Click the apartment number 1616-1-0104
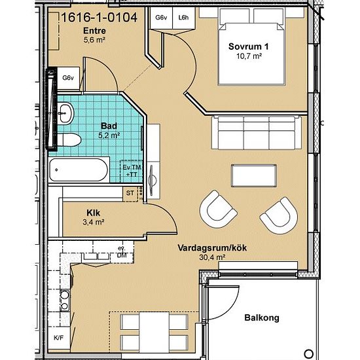coord(99,18)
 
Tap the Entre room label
coord(94,31)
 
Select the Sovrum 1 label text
coord(248,46)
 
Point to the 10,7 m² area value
coord(249,56)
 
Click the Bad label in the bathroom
coord(109,126)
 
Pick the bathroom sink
coord(65,113)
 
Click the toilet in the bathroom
coord(69,140)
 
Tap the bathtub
coord(79,170)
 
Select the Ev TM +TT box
coord(132,171)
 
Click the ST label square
coord(130,193)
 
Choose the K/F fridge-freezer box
coord(58,338)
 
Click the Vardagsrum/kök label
coord(212,248)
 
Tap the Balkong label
coord(262,317)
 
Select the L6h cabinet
coord(183,18)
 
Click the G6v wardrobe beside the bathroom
coord(68,78)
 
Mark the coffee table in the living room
coord(254,175)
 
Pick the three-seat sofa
coord(257,133)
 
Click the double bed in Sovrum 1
coord(252,46)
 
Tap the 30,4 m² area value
coord(212,257)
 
